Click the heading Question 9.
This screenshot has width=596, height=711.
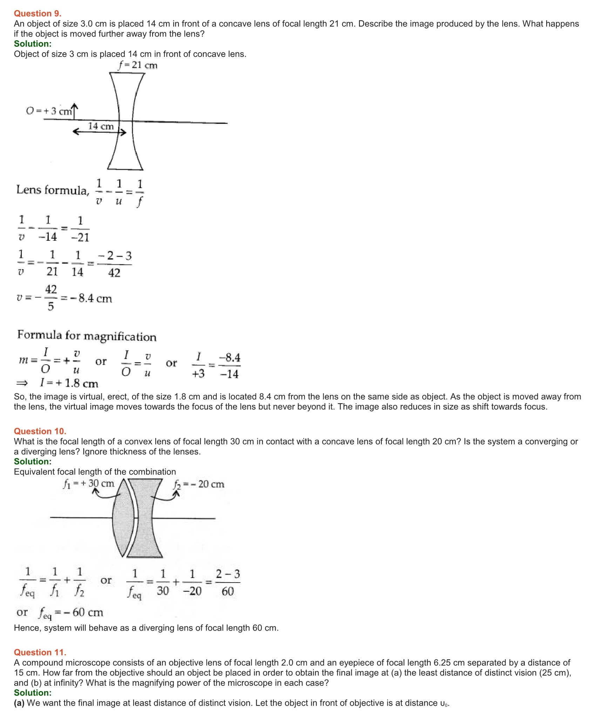pos(38,13)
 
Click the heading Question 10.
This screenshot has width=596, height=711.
pos(40,431)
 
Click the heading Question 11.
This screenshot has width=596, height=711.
pos(40,652)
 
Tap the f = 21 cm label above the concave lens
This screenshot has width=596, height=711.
pos(138,65)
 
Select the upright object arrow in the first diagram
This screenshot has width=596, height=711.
pos(74,112)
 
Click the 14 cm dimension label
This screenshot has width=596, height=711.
pos(101,126)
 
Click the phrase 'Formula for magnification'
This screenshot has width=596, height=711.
pos(87,335)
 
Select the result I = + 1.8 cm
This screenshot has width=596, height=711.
pos(69,383)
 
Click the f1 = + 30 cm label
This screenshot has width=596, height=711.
pos(89,484)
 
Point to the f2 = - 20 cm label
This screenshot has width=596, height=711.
pos(199,484)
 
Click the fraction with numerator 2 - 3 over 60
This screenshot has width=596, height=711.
pos(228,583)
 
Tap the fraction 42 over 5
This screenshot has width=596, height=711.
pos(51,298)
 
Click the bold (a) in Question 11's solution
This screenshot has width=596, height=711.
pos(19,703)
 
